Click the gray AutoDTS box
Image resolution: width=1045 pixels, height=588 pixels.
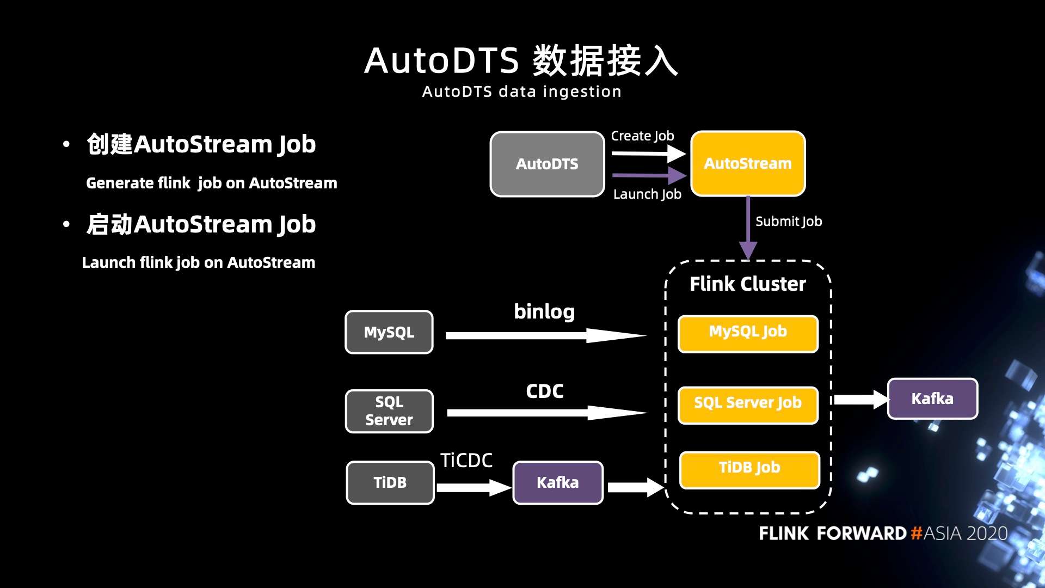tap(547, 164)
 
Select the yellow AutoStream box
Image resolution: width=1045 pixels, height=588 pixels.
tap(748, 163)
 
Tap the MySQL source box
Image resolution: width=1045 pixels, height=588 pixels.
tap(389, 332)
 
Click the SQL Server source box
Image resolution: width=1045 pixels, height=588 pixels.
tap(389, 411)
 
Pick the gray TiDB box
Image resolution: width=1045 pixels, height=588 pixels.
tap(390, 482)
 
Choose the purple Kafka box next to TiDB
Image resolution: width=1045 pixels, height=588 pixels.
tap(558, 482)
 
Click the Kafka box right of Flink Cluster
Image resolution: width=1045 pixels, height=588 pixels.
tap(932, 399)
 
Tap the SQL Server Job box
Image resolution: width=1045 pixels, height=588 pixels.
tap(748, 405)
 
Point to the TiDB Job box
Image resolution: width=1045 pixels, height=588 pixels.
tap(749, 469)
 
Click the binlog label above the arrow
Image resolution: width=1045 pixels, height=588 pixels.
tap(544, 311)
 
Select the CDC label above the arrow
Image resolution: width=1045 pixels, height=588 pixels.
tap(544, 391)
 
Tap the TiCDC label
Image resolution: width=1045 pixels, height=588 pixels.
tap(466, 461)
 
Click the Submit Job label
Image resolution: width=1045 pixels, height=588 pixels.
tap(789, 221)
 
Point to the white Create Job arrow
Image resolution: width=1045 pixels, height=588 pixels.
tap(648, 154)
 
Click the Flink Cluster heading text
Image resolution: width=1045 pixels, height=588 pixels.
tap(748, 284)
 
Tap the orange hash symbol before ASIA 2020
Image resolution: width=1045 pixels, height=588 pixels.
tap(916, 533)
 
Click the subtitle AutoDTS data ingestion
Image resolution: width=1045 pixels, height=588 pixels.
tap(521, 91)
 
